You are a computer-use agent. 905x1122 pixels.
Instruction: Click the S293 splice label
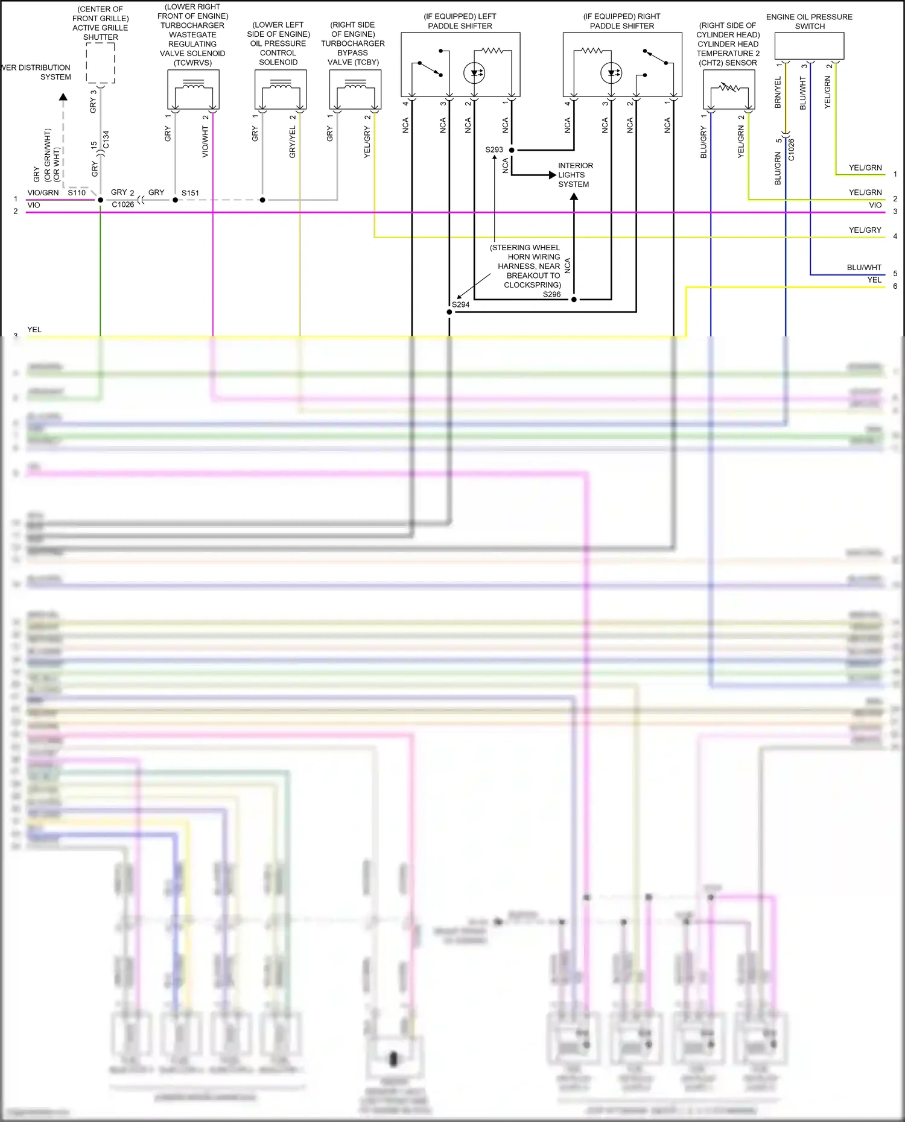[494, 150]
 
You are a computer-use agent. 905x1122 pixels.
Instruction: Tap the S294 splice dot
[449, 312]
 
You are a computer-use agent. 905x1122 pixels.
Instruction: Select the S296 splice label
[551, 294]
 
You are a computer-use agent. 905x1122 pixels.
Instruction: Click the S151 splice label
[190, 193]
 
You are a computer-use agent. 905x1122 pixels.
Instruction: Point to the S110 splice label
[77, 192]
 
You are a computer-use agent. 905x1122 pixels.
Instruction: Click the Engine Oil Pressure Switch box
[809, 46]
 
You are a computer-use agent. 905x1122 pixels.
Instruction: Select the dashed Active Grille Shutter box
[100, 63]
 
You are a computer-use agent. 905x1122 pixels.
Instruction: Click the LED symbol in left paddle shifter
[474, 73]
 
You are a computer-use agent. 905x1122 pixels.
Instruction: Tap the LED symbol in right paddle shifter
[611, 73]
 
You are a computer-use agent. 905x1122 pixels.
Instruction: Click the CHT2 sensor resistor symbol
[729, 89]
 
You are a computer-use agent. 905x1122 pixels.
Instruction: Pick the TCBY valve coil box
[355, 89]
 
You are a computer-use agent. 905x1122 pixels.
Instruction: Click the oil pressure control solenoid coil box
[281, 89]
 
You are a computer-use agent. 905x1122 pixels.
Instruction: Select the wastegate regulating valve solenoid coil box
[193, 89]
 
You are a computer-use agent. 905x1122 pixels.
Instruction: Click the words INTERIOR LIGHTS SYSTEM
[574, 175]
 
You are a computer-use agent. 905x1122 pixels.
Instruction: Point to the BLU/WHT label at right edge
[864, 267]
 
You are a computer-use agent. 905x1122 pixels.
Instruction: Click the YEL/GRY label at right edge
[865, 230]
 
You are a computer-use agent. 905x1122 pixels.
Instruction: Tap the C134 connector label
[106, 139]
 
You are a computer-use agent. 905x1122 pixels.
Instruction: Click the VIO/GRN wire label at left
[43, 192]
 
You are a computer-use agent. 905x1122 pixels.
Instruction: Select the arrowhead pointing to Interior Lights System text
[552, 175]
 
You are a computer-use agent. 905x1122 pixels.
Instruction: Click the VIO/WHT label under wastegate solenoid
[205, 142]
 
